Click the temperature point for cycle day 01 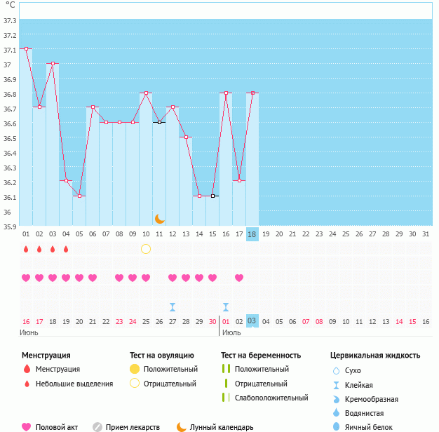(26, 48)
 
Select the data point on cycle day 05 (79, 196)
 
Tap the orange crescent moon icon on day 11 (160, 220)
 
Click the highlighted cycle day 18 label (252, 234)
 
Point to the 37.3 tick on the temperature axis (10, 20)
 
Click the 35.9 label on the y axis (10, 227)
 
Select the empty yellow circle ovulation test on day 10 (146, 248)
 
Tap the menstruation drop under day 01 (26, 249)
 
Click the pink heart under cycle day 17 (239, 278)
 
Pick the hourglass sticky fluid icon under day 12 (173, 307)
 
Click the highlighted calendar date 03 (252, 321)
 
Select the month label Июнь (29, 332)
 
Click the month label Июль (232, 332)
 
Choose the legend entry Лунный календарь (222, 427)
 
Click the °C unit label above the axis (10, 5)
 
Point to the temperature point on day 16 (226, 93)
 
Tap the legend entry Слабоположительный (271, 398)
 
